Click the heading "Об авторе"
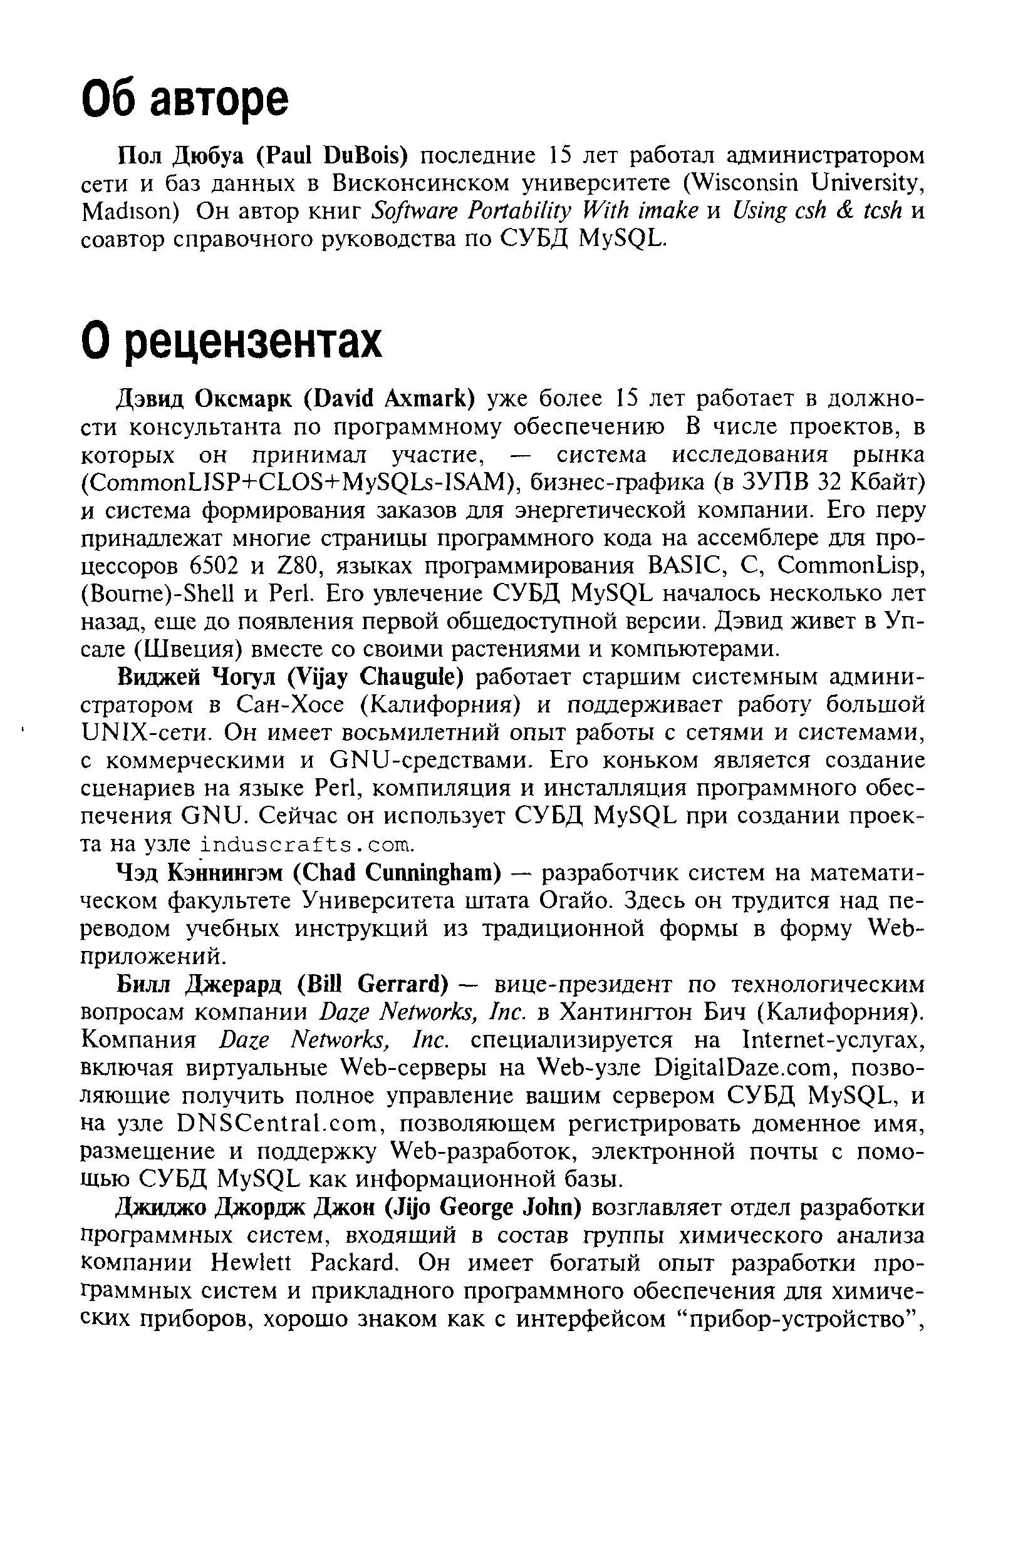(x=185, y=98)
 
